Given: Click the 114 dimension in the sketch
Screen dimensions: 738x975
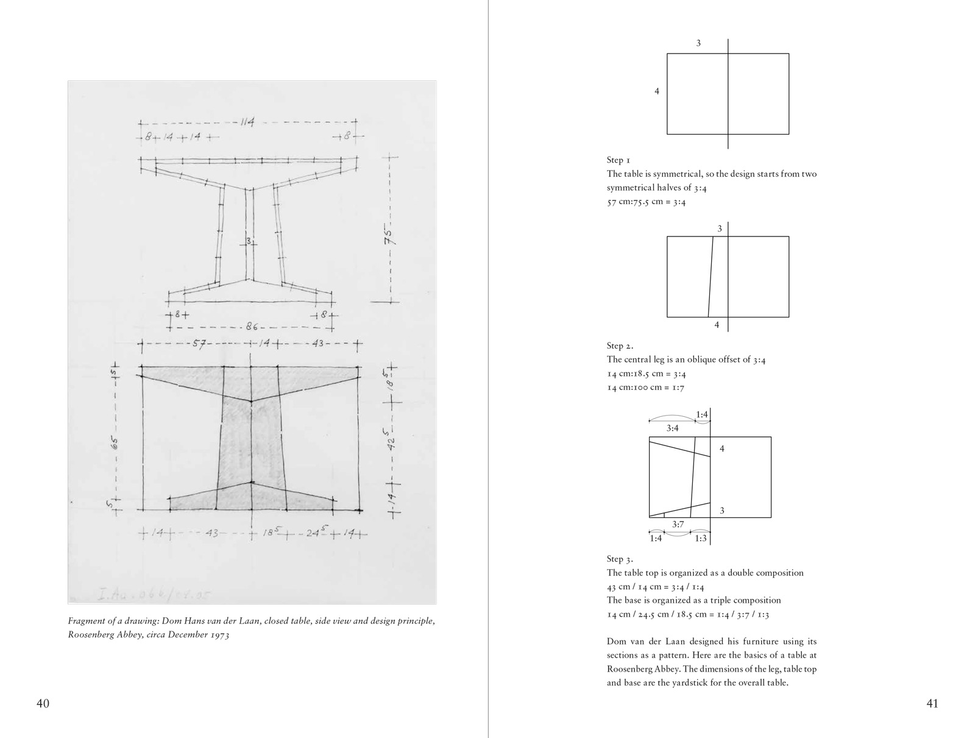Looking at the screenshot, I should [x=247, y=122].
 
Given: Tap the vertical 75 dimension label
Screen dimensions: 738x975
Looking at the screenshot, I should [x=390, y=235].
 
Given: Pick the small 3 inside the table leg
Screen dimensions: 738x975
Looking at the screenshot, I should [x=248, y=240].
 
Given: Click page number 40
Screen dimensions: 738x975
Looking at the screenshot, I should [x=43, y=704].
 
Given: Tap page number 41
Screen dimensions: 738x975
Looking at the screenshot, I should [x=932, y=704].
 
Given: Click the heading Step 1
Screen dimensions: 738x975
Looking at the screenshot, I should [x=619, y=160].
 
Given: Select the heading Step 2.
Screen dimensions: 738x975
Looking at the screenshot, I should [x=620, y=346].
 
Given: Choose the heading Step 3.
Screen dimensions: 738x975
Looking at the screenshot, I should [x=620, y=559].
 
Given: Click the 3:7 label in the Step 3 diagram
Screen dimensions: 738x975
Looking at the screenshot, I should [x=678, y=524].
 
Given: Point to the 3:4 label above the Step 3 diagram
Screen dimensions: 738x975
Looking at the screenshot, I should [x=672, y=428].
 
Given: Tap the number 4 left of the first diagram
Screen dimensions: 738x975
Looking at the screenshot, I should [x=656, y=91].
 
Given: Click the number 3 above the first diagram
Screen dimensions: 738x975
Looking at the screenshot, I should [x=698, y=43].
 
